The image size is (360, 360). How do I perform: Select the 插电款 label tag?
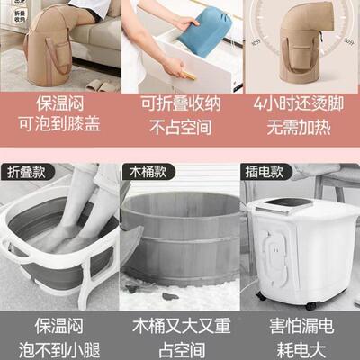[x=263, y=170]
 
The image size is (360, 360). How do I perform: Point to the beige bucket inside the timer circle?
[x=300, y=45]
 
